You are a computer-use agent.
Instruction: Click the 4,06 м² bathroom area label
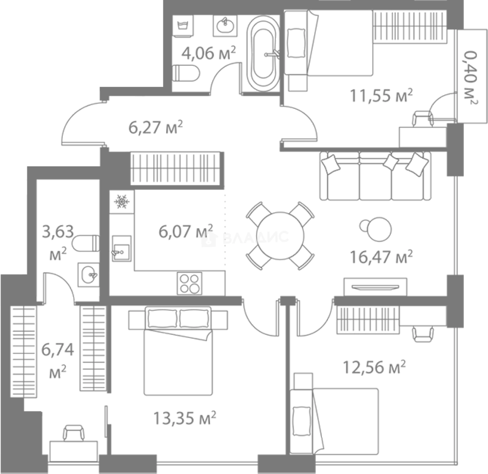[x=209, y=53]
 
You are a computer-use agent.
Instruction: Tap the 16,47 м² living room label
[x=381, y=257]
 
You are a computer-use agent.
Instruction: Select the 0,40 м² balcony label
[x=470, y=78]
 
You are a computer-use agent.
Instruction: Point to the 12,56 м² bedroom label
[x=374, y=367]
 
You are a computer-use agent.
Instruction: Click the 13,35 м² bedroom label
[x=185, y=418]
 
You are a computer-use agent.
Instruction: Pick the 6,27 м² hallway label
[x=156, y=127]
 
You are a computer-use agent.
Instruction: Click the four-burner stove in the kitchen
[x=189, y=284]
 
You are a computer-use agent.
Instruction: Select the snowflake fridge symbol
[x=121, y=202]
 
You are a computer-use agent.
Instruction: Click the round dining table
[x=281, y=236]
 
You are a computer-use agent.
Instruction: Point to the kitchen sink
[x=121, y=248]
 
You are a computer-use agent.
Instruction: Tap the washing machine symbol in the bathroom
[x=183, y=26]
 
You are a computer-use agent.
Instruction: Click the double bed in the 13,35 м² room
[x=178, y=351]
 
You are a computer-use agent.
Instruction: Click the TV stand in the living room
[x=375, y=287]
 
